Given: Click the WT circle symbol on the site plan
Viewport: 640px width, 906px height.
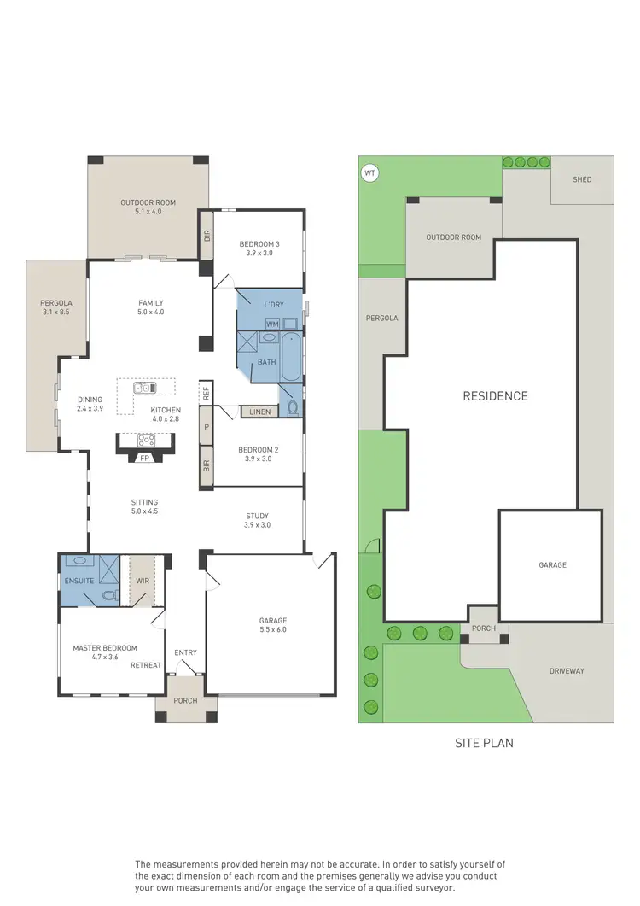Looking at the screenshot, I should coord(369,173).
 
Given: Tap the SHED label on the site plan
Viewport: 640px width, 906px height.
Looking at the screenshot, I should coord(582,179).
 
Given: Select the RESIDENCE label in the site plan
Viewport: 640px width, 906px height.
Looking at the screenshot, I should coord(495,396).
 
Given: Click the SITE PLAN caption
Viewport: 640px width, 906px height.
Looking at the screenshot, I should coord(485,743).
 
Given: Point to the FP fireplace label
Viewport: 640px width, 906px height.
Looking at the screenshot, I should coord(144,458).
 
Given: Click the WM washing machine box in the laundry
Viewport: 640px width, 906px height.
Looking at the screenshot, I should coord(272,324).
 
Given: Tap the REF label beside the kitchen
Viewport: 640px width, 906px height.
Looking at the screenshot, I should coord(206,393).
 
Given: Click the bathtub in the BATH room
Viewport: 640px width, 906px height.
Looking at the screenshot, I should coord(289,356).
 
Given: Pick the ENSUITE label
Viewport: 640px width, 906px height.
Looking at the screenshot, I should coord(79,582).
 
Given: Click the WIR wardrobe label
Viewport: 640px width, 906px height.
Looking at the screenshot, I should coord(143,582).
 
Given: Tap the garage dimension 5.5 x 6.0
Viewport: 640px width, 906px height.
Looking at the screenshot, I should coord(273,630).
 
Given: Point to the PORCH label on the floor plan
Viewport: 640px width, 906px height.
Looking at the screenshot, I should coord(185,701).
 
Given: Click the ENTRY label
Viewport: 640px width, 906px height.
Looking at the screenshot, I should coord(185,653).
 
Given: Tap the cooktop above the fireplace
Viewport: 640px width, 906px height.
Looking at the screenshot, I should coord(145,441).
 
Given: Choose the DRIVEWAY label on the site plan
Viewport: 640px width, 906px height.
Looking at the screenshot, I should coord(566,671).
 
